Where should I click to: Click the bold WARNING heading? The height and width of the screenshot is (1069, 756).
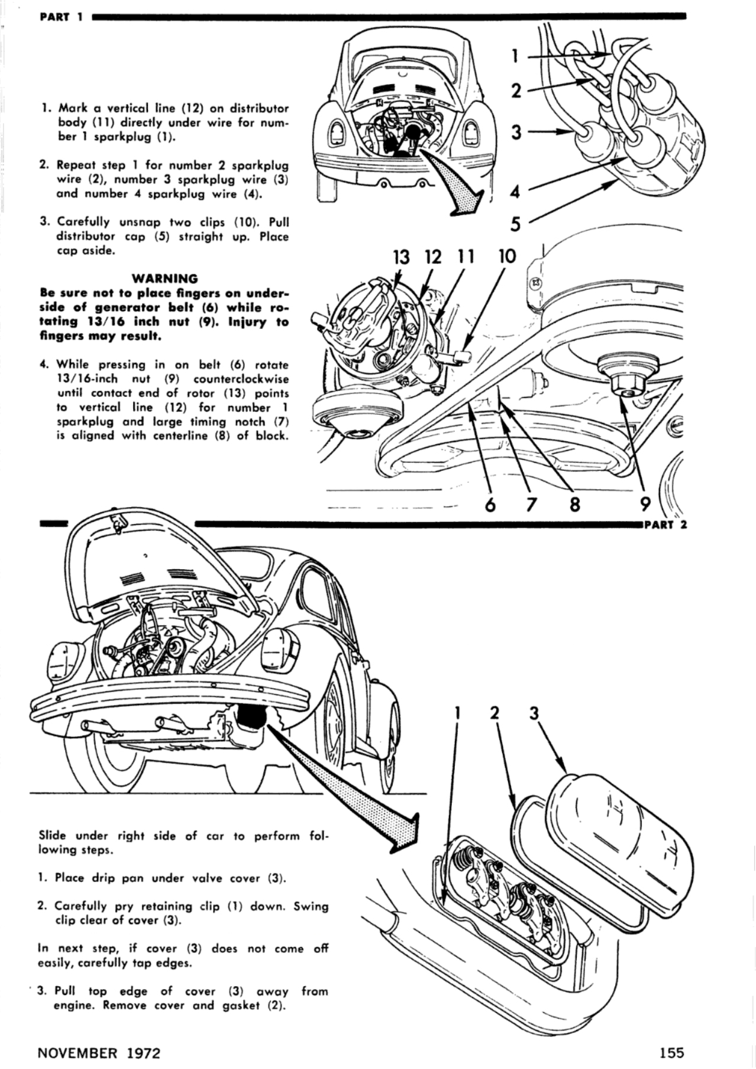click(164, 278)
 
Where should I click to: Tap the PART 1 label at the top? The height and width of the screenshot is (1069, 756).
click(61, 16)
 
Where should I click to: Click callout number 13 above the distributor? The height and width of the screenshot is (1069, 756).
click(401, 257)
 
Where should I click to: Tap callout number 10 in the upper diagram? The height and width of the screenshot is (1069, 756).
click(507, 256)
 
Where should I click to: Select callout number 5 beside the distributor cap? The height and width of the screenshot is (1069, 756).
click(516, 225)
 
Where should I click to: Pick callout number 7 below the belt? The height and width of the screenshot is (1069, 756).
click(531, 504)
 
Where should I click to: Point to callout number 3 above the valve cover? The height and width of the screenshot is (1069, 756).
click(534, 713)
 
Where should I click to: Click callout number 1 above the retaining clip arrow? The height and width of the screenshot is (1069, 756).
click(457, 713)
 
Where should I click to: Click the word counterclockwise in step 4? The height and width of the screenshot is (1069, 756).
click(241, 379)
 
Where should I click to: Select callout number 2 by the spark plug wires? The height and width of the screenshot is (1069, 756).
click(516, 91)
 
